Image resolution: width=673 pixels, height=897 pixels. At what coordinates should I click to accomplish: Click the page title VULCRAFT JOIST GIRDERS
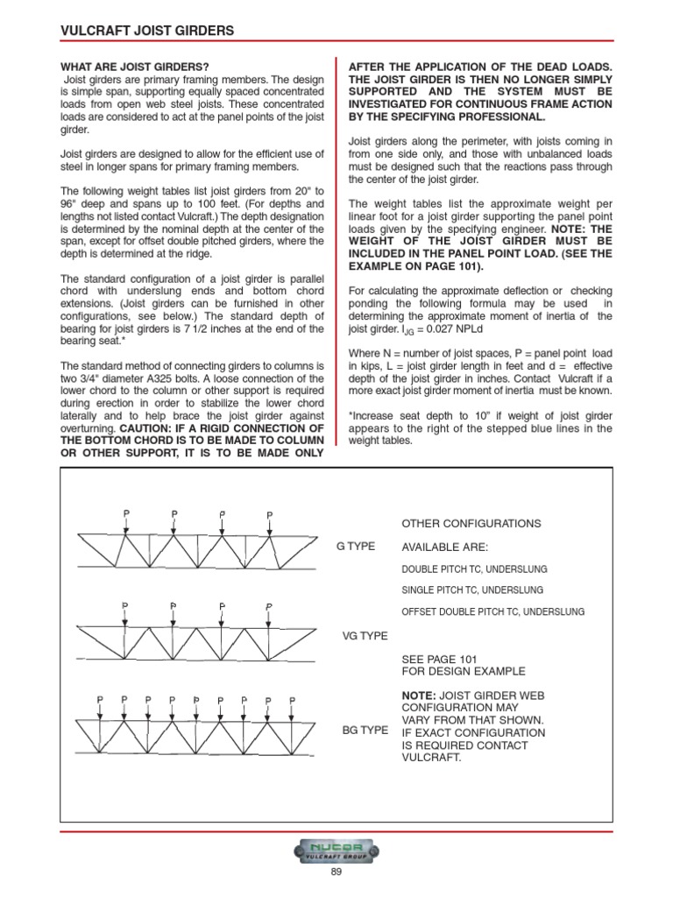click(x=146, y=31)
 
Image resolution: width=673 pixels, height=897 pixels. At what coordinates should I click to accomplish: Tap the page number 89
click(x=336, y=872)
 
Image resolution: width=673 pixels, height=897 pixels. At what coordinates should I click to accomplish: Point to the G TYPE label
click(x=356, y=546)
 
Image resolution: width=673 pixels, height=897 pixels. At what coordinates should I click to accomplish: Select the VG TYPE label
click(x=364, y=637)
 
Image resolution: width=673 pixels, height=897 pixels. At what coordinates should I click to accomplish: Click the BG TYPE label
click(x=364, y=729)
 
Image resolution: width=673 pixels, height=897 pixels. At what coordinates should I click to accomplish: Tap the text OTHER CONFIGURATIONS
click(x=471, y=523)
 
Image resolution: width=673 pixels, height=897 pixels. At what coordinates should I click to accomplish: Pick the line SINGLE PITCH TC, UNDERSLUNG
click(x=472, y=590)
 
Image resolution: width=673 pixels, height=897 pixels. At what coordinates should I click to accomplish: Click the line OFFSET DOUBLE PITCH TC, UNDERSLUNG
click(x=492, y=611)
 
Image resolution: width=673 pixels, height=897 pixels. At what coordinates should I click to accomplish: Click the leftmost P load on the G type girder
click(x=126, y=513)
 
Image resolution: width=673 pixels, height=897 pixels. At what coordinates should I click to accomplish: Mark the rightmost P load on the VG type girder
click(x=269, y=605)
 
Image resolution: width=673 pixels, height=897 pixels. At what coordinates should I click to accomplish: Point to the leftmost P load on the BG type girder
click(x=101, y=699)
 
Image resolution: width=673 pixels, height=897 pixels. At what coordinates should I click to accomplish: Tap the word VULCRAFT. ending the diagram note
click(x=431, y=759)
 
